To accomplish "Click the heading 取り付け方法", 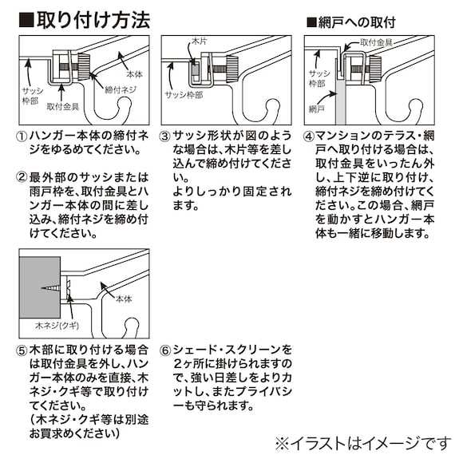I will point(92,20).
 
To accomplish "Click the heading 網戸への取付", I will point(356,22).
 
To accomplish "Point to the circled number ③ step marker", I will point(166,136).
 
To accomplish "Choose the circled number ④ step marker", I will point(310,136).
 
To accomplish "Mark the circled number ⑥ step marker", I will point(166,350).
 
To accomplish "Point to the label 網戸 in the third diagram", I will point(317,107).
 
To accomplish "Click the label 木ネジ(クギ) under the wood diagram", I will point(41,326).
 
